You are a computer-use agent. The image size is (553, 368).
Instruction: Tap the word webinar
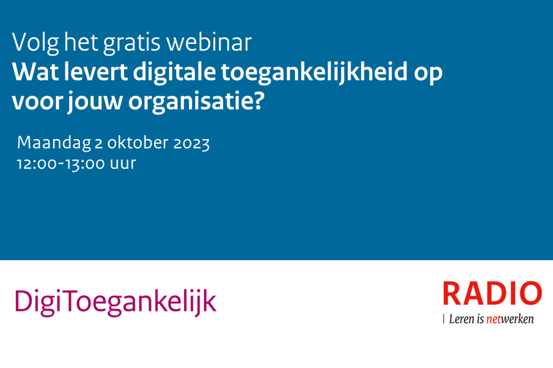point(209,43)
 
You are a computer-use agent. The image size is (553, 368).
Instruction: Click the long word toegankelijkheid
point(314,73)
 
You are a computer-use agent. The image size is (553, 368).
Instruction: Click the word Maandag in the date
point(54,143)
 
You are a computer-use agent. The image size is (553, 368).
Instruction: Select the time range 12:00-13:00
point(61,164)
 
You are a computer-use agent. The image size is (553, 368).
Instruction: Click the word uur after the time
point(123,164)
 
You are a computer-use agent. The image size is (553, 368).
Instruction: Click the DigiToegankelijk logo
point(115,302)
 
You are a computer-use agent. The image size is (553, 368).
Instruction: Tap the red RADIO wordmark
point(492,293)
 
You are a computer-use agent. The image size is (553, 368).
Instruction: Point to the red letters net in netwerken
point(494,319)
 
